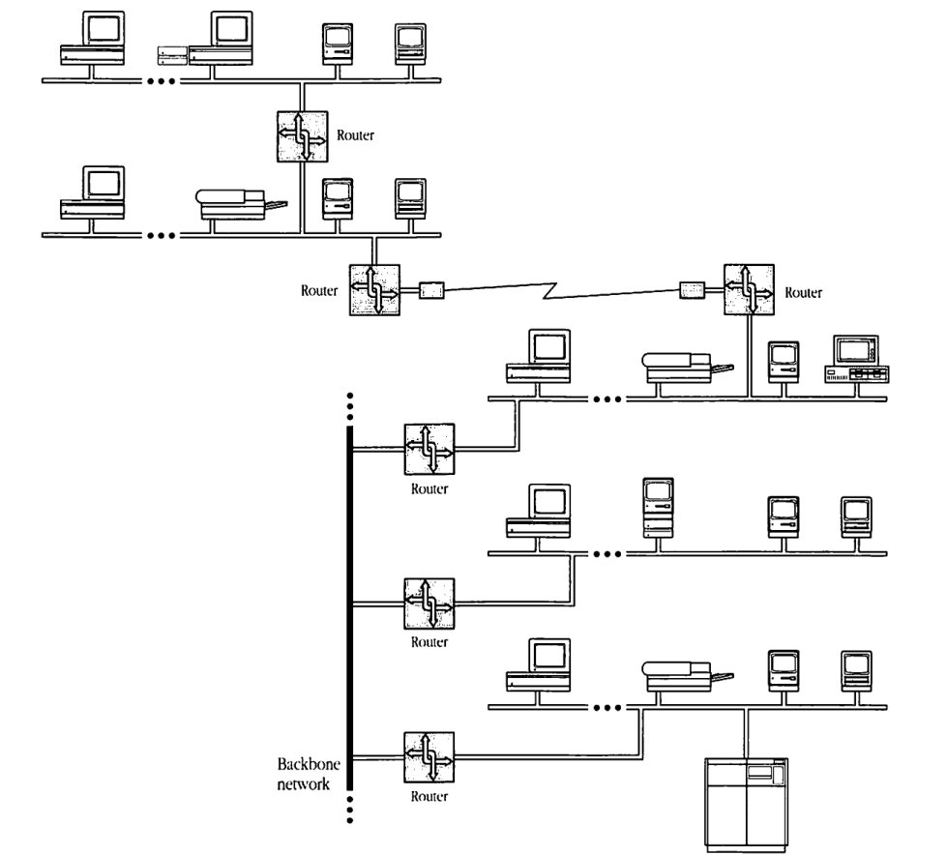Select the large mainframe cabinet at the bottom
click(744, 802)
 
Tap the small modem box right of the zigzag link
click(693, 288)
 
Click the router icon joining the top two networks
click(303, 136)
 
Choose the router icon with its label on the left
click(375, 288)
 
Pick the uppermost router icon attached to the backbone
click(429, 448)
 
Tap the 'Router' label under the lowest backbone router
click(429, 798)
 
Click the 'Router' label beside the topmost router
click(356, 136)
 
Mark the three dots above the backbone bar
click(350, 406)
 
